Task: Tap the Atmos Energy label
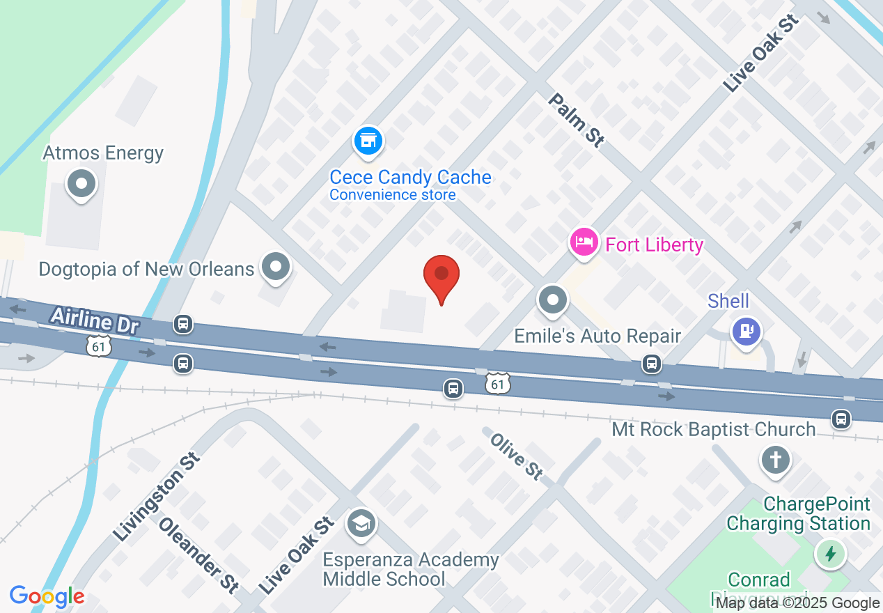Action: [x=103, y=153]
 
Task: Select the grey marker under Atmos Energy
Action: [x=81, y=185]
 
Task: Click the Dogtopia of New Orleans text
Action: [x=146, y=269]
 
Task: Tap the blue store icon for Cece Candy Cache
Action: [x=368, y=141]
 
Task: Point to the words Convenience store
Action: [x=393, y=195]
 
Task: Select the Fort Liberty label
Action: [x=655, y=245]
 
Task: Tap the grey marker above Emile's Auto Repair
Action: [x=554, y=301]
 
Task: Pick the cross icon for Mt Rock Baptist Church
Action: [x=776, y=460]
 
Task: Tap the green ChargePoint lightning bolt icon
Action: [x=830, y=554]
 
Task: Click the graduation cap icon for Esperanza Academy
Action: [x=361, y=525]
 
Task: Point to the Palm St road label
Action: [x=575, y=120]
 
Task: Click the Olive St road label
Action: [x=516, y=456]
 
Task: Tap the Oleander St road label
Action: [x=198, y=554]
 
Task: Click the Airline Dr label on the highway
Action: [x=95, y=320]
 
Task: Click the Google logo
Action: [x=47, y=597]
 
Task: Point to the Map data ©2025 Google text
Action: [x=798, y=603]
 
